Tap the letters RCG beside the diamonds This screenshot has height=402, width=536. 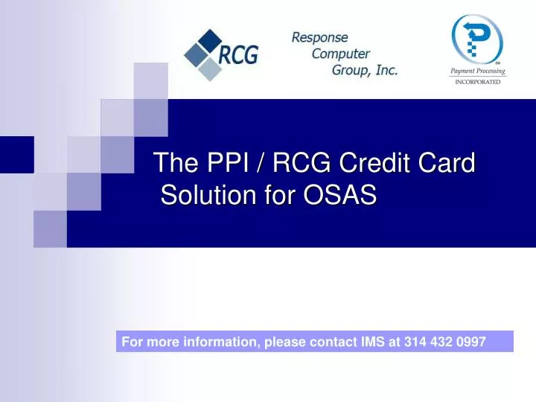coord(238,54)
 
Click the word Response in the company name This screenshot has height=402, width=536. coord(319,36)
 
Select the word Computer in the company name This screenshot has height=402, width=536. coord(340,54)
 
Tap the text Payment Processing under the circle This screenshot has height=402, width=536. coord(477,71)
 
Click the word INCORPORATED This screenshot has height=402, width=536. coord(477,82)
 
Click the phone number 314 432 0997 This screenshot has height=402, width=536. coord(445,342)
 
